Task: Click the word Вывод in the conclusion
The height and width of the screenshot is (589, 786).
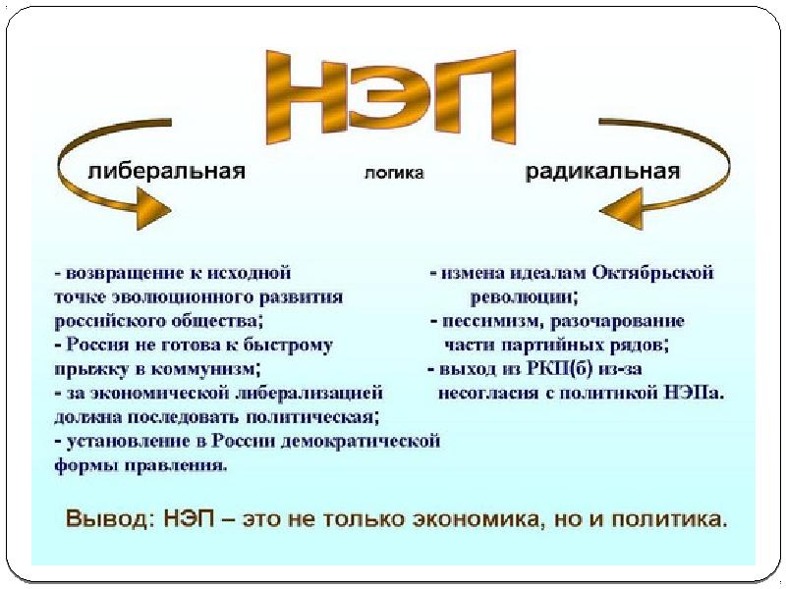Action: point(103,516)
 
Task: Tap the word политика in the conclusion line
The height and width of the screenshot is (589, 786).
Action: point(668,516)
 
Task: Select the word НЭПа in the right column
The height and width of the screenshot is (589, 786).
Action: point(694,394)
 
